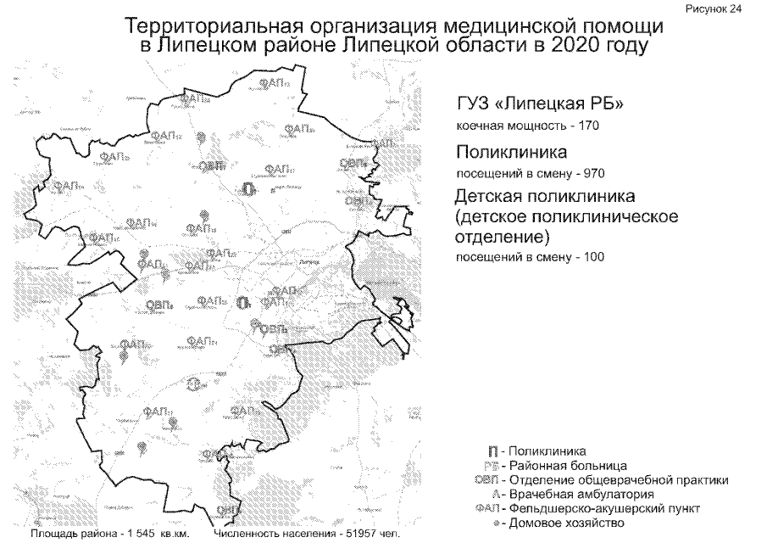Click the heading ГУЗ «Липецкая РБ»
pos(539,105)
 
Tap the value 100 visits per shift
pos(590,256)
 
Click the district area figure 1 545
pos(147,535)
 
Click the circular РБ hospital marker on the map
pos(194,384)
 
